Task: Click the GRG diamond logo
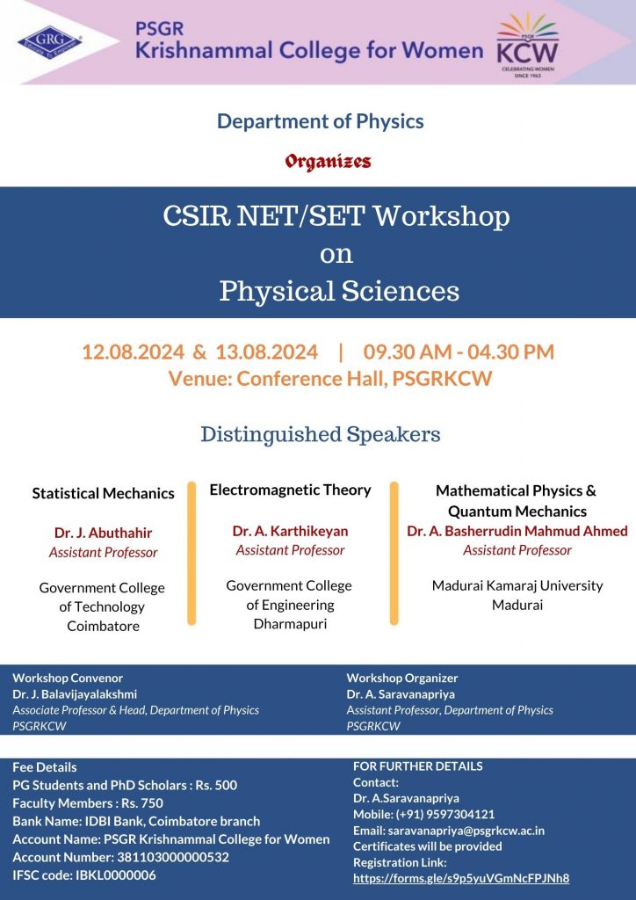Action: (50, 41)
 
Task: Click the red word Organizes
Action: (327, 162)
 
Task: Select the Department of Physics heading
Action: (320, 121)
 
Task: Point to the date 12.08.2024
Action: (133, 352)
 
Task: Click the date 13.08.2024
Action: (266, 352)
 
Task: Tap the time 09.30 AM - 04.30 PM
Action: (459, 352)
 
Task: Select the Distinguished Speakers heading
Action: (320, 434)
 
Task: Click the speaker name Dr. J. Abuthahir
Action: (103, 533)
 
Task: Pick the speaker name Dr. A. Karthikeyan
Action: (290, 531)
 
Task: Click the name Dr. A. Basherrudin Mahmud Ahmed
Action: (517, 531)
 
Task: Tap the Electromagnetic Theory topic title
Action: (290, 490)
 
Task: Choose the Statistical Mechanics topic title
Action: (103, 493)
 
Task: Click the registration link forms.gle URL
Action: (461, 878)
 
